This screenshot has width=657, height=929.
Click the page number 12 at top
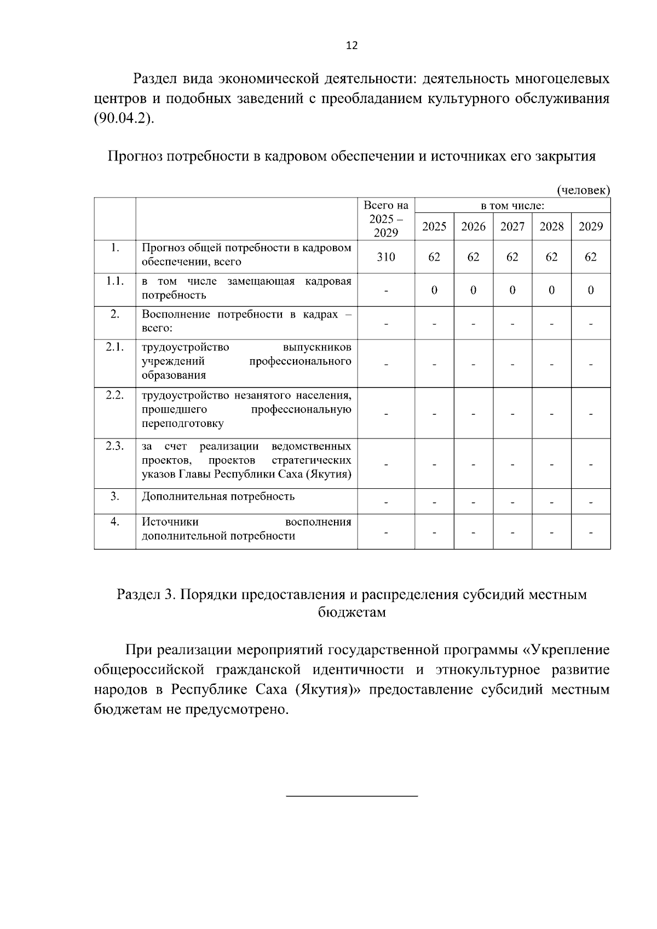[352, 45]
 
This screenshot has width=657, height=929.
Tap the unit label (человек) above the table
[583, 190]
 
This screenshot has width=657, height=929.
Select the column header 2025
[434, 227]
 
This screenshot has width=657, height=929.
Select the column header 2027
[512, 227]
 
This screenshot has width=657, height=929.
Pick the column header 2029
[591, 227]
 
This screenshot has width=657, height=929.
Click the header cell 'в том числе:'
[512, 206]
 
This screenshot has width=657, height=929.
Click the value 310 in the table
[386, 257]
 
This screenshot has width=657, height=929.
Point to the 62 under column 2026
[473, 257]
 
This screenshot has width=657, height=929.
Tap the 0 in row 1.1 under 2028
[551, 290]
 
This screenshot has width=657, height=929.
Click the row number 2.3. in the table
[114, 446]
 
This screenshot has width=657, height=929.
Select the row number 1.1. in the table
[114, 281]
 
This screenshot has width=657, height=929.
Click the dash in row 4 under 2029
[591, 532]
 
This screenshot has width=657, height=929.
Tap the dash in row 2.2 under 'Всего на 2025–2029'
[386, 414]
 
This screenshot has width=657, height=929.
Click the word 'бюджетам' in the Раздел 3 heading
[352, 612]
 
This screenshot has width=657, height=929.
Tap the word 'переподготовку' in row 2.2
[182, 424]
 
